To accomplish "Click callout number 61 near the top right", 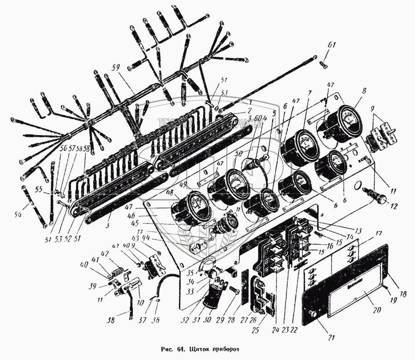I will (x=332, y=45).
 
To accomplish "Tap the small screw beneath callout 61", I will (x=325, y=65).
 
